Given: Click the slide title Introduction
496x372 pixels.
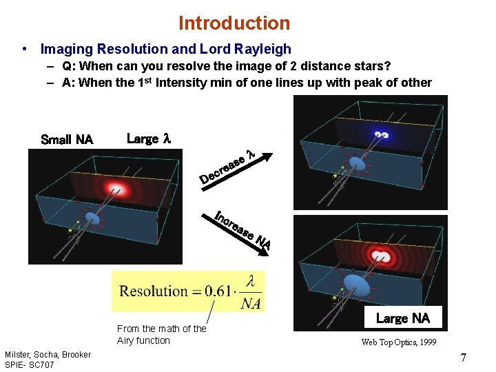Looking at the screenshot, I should (x=234, y=23).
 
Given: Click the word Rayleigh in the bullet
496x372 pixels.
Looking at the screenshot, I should (x=265, y=49).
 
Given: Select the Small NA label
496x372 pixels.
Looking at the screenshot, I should (x=67, y=139).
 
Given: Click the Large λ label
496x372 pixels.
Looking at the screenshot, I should (x=148, y=138).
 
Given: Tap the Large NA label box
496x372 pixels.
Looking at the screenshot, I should (x=402, y=318).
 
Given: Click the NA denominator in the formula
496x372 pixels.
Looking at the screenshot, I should (x=251, y=304).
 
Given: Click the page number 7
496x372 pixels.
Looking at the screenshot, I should (x=464, y=358).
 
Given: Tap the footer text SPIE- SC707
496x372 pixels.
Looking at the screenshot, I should (x=29, y=364).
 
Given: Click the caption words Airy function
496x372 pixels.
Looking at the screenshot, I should (x=143, y=340).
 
